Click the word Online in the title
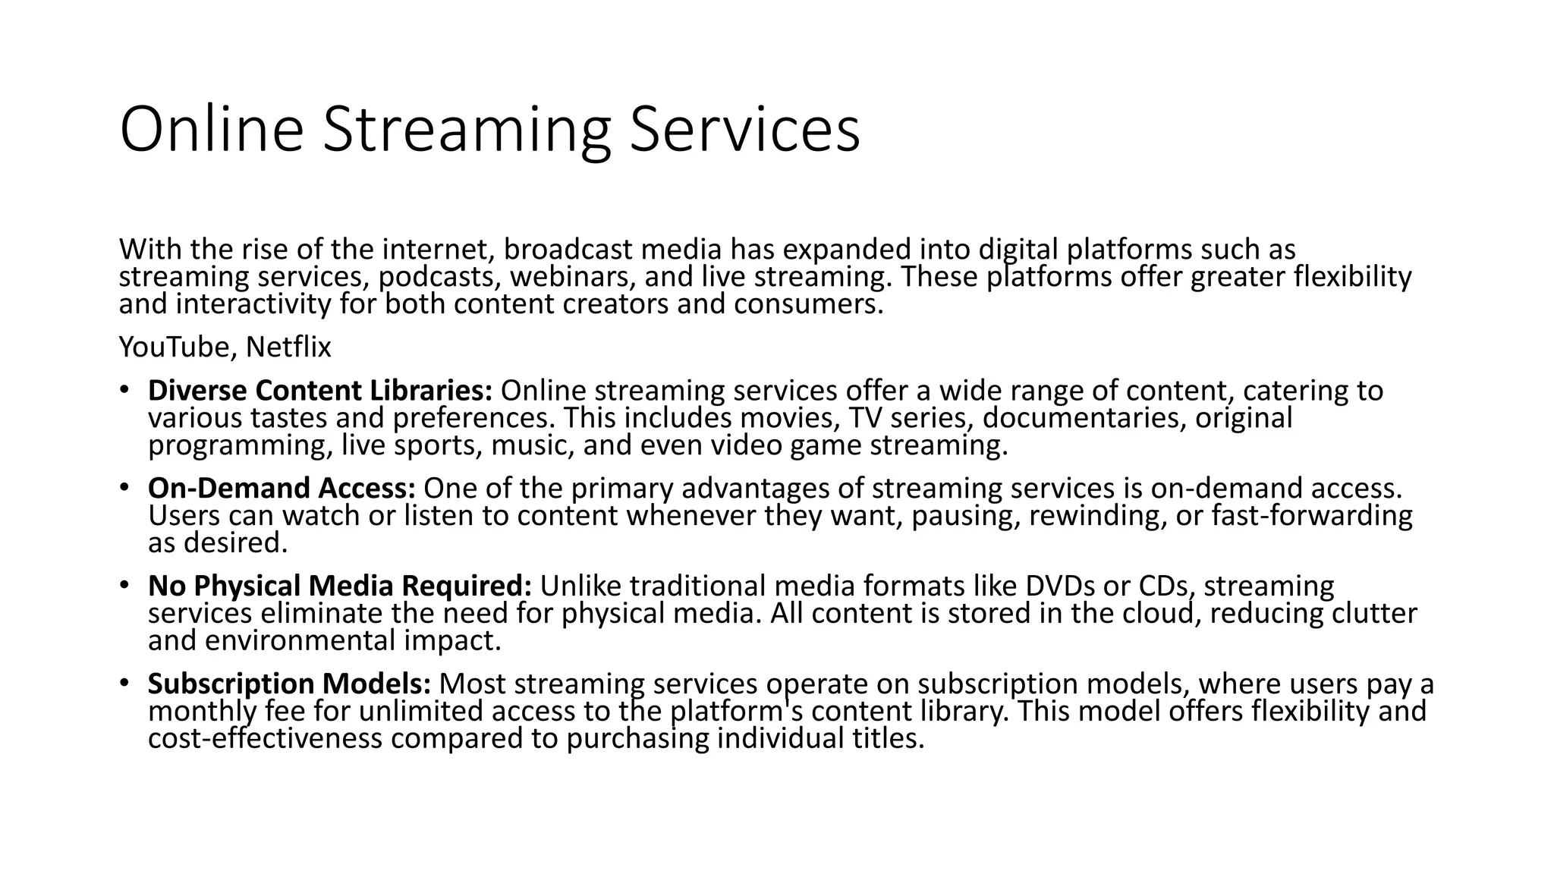pyautogui.click(x=212, y=130)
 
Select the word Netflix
pyautogui.click(x=288, y=347)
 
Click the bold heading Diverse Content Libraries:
pyautogui.click(x=320, y=391)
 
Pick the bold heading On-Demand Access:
pyautogui.click(x=282, y=489)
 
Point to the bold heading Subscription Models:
pyautogui.click(x=289, y=684)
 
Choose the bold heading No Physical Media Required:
pyautogui.click(x=340, y=586)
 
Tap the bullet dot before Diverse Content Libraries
pyautogui.click(x=124, y=391)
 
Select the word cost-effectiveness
pyautogui.click(x=265, y=739)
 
